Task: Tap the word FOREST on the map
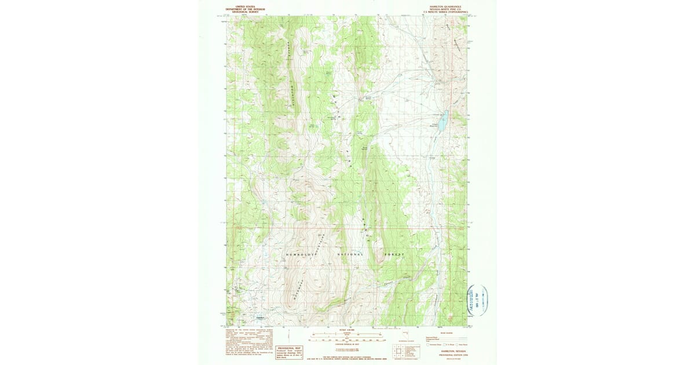coord(394,254)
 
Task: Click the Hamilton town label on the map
coord(260,317)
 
